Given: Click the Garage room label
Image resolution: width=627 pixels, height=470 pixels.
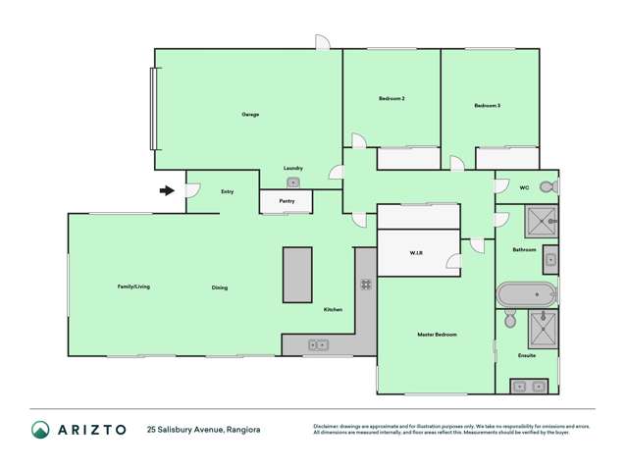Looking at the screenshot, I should [x=250, y=115].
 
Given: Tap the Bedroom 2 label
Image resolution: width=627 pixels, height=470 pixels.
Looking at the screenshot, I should [x=392, y=98].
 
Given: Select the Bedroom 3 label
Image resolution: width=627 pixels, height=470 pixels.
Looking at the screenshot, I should [x=488, y=105].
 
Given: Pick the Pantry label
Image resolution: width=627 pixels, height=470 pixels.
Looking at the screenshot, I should [x=287, y=201].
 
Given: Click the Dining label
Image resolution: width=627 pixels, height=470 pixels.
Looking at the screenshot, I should [x=220, y=287].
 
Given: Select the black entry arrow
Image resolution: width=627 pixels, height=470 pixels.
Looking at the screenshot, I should [x=168, y=190].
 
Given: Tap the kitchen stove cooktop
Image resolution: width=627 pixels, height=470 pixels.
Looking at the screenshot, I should [x=365, y=285].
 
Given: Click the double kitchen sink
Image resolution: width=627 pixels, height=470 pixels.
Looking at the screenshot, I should [x=319, y=344].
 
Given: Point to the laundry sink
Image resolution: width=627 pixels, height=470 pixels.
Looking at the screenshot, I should [x=292, y=183].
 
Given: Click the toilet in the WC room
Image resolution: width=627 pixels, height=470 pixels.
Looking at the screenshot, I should [x=548, y=186].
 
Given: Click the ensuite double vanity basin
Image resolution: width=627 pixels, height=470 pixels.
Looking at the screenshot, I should [x=527, y=386].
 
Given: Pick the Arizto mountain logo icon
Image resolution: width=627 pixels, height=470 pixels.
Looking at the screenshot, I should [x=40, y=430].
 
